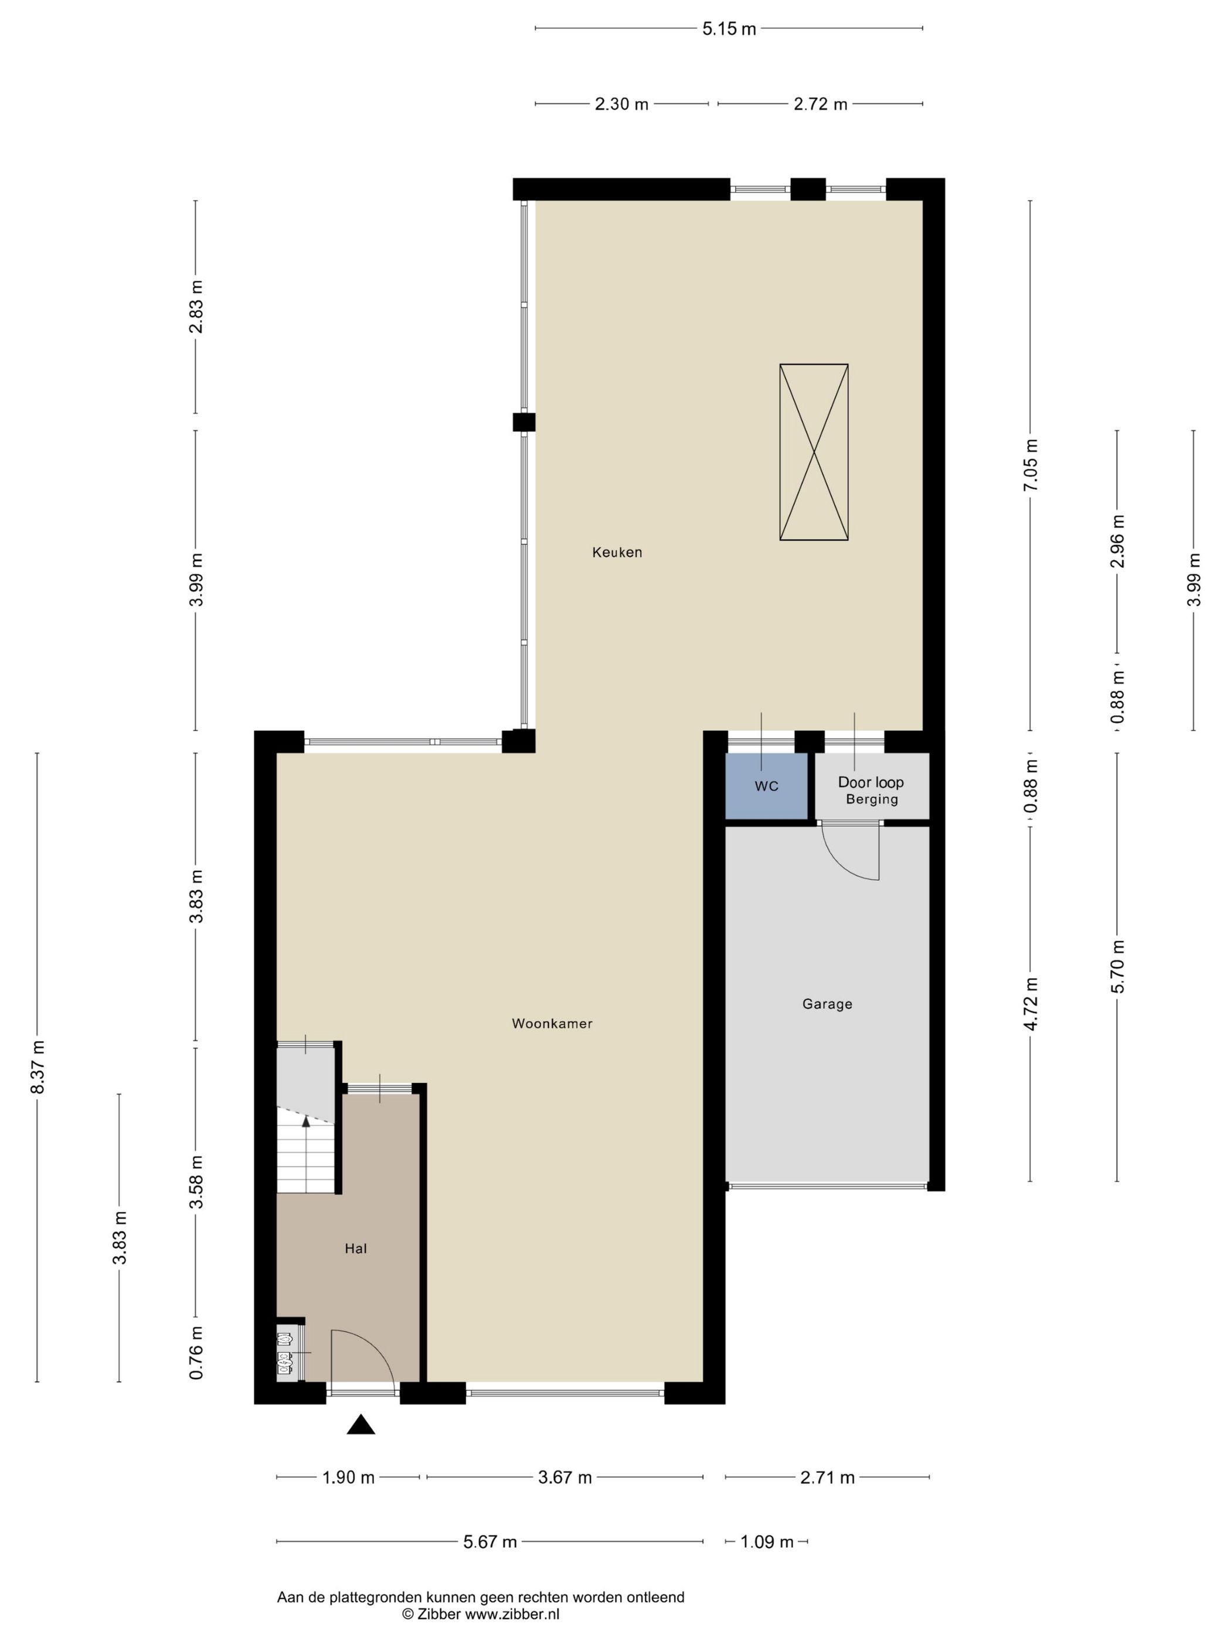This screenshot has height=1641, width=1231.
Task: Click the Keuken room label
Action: [x=617, y=552]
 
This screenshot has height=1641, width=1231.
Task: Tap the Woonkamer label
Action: [x=552, y=1024]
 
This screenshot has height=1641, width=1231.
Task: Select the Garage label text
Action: [x=827, y=1004]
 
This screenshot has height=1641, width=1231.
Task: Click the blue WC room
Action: [x=767, y=786]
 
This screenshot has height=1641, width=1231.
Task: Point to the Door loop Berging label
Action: [x=871, y=790]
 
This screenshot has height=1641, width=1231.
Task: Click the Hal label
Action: [x=355, y=1248]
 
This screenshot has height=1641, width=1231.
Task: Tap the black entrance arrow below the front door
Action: [x=361, y=1424]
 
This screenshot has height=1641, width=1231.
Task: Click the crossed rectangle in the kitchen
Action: [x=813, y=452]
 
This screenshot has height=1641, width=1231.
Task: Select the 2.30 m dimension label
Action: [x=621, y=104]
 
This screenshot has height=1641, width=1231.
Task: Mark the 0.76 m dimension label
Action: [x=196, y=1353]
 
